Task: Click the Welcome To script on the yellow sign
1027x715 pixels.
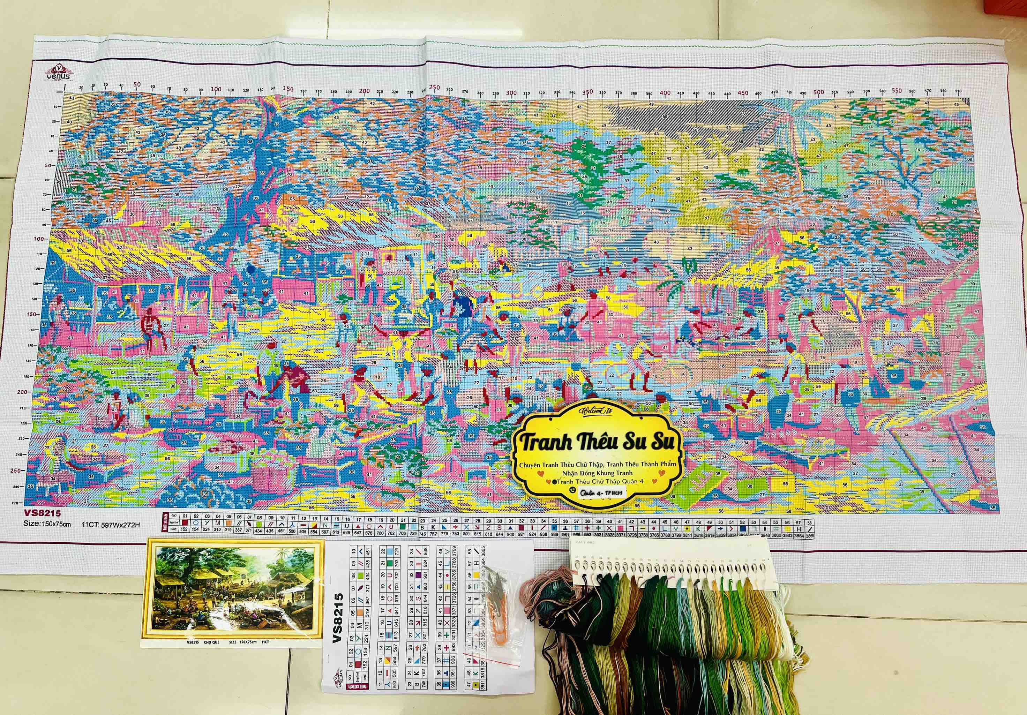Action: coord(598,411)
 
